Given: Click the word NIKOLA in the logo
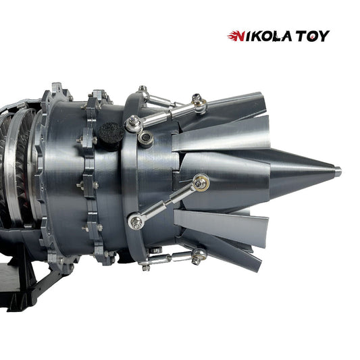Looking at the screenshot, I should coord(264,36).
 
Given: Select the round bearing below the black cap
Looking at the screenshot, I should coord(145,139).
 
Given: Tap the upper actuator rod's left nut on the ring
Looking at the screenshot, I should coord(134,123).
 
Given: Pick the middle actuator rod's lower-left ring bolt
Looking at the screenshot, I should coord(134,220).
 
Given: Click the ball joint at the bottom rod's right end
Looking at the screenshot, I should coord(198,255).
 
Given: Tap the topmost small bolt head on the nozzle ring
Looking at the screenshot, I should coord(143,88).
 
